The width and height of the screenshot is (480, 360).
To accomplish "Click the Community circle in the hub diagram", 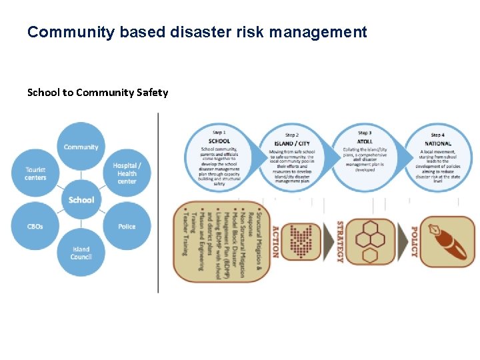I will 81,147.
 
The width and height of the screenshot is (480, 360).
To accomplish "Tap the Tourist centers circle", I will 36,174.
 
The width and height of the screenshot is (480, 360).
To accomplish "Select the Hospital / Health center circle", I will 127,173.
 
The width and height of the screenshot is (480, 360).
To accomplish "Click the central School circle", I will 81,200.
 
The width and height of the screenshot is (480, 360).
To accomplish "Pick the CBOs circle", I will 35,227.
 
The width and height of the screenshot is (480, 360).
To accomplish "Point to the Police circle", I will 127,227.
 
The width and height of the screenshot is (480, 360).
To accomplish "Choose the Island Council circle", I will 81,253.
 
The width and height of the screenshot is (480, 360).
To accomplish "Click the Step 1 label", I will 219,133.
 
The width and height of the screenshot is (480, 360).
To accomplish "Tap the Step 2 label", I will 291,135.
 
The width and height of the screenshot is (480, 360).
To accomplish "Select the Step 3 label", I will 365,133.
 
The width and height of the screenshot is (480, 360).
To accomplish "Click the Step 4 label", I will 437,135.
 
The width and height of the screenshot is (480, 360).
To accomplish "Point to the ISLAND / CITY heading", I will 291,143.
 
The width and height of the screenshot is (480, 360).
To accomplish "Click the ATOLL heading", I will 365,141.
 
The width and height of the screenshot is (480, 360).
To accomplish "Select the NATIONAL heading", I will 437,143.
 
